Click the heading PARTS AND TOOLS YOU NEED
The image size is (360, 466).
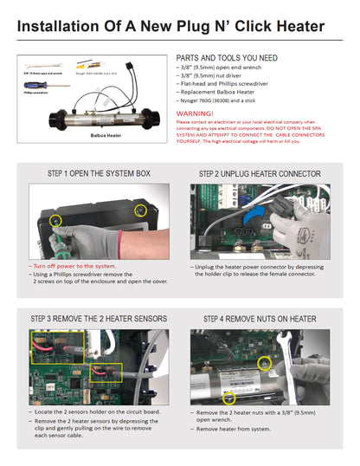[227, 58]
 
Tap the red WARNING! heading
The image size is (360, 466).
[196, 113]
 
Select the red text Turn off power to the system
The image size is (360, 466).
[74, 266]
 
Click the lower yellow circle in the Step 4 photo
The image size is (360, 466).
[228, 398]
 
